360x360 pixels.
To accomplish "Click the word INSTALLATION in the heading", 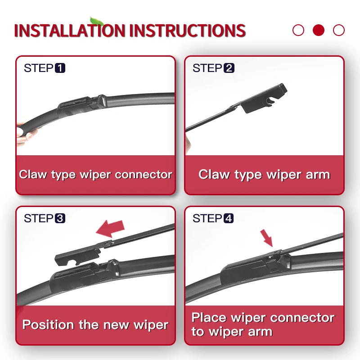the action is (69, 30).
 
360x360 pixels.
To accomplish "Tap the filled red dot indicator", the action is (319, 30).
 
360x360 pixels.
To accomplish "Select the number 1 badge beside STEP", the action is (60, 68).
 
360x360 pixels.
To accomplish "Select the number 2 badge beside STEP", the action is (229, 68).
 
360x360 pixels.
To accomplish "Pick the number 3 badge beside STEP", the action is (60, 218).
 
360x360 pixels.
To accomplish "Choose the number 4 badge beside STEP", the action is (229, 218).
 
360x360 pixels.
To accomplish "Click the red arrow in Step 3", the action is (110, 228).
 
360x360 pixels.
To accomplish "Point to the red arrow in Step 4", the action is (266, 238).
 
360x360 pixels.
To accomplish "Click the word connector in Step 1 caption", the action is (144, 175).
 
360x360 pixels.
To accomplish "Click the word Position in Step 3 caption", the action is (48, 324).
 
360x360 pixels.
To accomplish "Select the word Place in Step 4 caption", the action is (209, 318).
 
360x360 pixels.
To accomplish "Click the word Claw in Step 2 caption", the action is (214, 175).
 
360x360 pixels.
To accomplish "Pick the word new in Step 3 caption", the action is (116, 325).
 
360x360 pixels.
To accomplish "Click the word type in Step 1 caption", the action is (63, 175).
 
